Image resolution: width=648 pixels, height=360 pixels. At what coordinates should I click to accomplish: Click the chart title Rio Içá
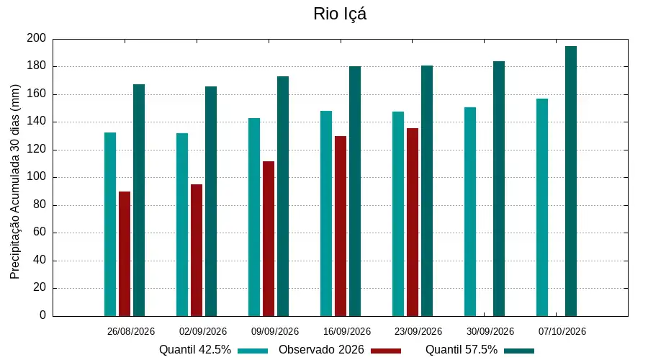(x=340, y=14)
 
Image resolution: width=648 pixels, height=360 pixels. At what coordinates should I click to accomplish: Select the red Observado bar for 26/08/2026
(x=125, y=253)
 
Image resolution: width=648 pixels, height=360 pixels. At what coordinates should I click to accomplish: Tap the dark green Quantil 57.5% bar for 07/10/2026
(x=571, y=181)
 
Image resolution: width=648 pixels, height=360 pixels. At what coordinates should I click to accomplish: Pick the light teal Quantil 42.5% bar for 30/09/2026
(x=470, y=212)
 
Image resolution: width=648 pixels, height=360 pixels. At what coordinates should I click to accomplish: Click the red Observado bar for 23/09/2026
(x=413, y=222)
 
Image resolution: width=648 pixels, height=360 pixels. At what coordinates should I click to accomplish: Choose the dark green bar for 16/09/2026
(x=355, y=192)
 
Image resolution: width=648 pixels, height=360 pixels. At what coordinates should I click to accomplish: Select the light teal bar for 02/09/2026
(x=182, y=225)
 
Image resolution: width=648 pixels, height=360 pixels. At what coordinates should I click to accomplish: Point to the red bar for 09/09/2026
(x=269, y=239)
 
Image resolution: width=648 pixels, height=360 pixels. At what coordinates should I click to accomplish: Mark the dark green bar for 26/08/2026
(x=139, y=200)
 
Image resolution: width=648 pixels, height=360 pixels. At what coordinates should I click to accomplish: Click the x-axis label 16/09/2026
(x=347, y=331)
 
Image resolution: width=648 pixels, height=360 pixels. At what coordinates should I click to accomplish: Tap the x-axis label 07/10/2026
(x=562, y=331)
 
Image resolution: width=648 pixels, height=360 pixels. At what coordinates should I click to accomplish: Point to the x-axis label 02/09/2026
(x=203, y=331)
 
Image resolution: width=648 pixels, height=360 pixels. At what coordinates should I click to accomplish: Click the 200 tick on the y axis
(x=37, y=38)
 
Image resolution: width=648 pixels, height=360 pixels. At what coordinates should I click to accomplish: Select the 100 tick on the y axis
(x=37, y=177)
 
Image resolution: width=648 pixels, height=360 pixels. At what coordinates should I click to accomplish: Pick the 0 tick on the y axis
(x=43, y=315)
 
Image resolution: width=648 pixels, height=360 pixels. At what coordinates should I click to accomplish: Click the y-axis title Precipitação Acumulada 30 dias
(x=15, y=182)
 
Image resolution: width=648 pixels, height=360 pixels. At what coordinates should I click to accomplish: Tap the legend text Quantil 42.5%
(x=195, y=350)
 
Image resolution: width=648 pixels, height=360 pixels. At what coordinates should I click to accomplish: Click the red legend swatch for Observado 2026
(x=386, y=351)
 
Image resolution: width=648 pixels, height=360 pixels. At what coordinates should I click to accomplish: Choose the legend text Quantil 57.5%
(x=462, y=350)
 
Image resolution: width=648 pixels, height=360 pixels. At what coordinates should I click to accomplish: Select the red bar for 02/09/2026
(x=197, y=251)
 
